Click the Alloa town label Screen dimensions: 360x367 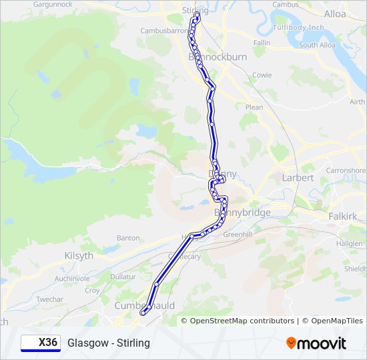335,13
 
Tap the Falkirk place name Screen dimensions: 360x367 343,217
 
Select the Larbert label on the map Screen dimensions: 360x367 298,178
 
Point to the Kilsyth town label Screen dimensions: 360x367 80,255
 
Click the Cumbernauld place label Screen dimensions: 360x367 145,305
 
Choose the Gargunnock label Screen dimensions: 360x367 52,4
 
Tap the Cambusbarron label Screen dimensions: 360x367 163,31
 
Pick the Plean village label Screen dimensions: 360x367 254,107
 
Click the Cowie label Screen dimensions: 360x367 262,75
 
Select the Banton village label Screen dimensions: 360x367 128,238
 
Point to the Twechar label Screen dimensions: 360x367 49,300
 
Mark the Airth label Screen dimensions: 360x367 358,102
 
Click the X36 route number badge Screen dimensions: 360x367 40,343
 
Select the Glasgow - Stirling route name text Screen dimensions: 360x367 109,343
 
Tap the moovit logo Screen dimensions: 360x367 316,343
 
